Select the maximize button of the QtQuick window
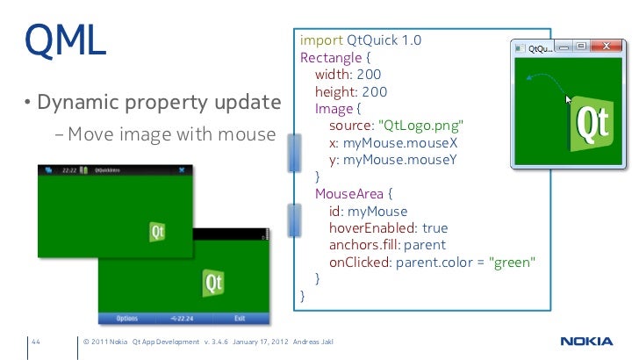click(x=581, y=47)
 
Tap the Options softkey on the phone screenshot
click(x=126, y=319)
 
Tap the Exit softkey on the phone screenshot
click(x=240, y=319)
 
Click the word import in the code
click(x=320, y=41)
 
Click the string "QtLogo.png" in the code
click(x=420, y=126)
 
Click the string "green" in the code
click(x=513, y=263)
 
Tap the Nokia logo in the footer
click(x=587, y=342)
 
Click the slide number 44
click(x=37, y=342)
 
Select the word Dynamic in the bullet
click(x=76, y=104)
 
